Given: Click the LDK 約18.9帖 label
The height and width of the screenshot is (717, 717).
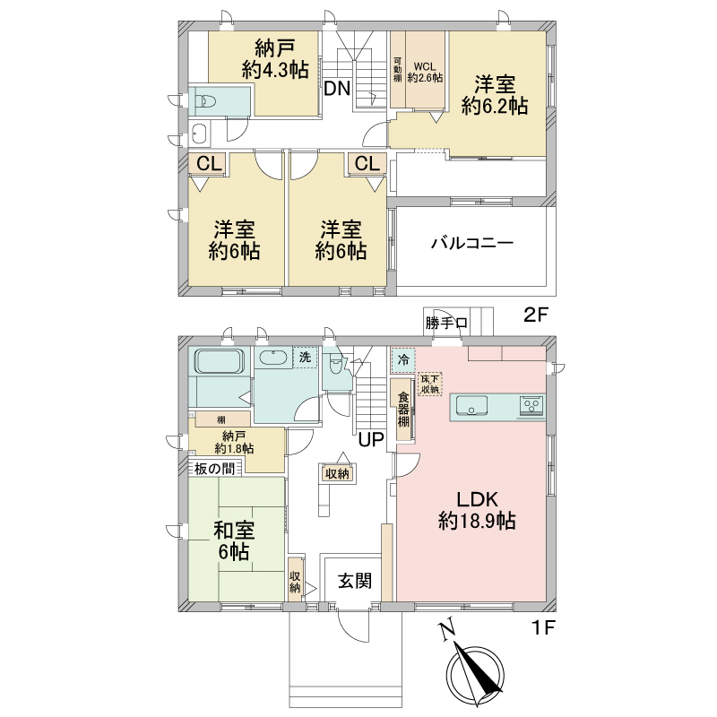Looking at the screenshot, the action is click(x=477, y=510).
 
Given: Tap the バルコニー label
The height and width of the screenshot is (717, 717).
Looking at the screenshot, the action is click(x=472, y=243).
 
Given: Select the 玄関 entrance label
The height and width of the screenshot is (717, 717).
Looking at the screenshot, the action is click(x=354, y=581).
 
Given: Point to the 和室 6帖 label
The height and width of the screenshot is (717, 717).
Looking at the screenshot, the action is click(x=234, y=541).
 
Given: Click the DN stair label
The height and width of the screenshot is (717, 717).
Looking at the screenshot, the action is click(x=337, y=88).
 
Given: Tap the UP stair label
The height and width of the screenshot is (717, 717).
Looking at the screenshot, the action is click(x=371, y=439).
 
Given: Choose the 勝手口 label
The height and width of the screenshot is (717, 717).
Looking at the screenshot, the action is click(x=445, y=324).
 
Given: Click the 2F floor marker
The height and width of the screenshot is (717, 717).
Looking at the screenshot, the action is click(x=535, y=315).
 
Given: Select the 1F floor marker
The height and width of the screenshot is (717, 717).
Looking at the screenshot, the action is click(x=542, y=628).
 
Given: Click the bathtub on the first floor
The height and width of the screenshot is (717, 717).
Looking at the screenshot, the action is click(x=219, y=361).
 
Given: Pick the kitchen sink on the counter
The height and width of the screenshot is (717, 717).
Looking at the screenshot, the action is click(x=471, y=405).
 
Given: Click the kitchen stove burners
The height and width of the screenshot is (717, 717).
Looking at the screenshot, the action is click(x=531, y=406).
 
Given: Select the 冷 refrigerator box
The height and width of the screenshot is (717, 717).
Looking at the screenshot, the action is click(x=403, y=360).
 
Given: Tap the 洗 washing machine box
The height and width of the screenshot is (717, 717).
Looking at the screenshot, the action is click(x=305, y=357).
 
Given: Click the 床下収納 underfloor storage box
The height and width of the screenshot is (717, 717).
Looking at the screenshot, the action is click(x=429, y=384).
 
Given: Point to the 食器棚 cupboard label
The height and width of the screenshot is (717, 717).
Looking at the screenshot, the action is click(x=402, y=410).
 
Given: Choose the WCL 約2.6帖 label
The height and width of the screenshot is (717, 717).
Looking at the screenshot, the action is click(x=425, y=73).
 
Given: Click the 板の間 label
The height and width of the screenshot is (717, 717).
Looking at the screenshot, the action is click(x=214, y=468).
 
